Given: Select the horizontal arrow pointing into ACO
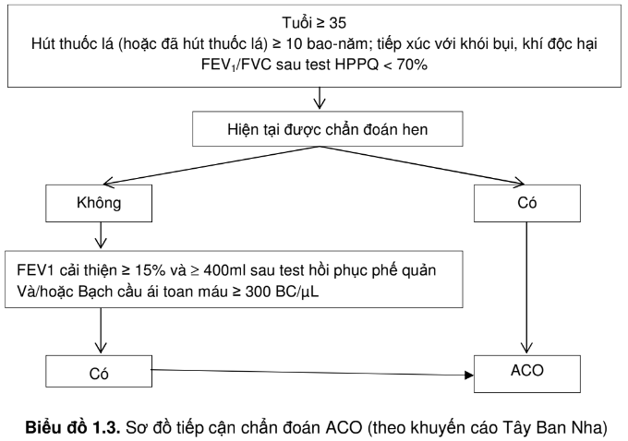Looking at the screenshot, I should coord(314,373).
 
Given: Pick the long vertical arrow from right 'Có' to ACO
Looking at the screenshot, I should coord(525,286).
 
